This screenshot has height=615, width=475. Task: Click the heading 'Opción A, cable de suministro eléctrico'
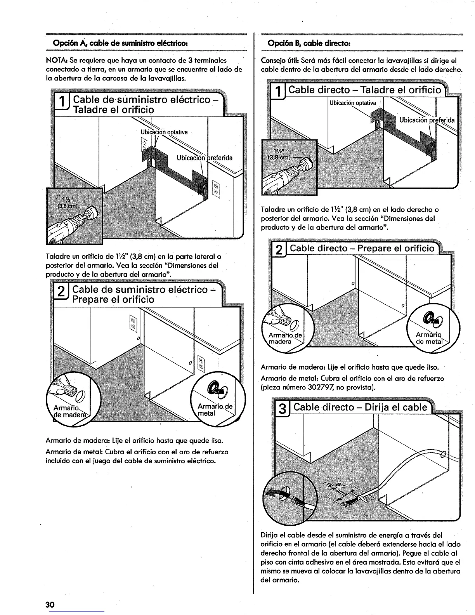pyautogui.click(x=120, y=42)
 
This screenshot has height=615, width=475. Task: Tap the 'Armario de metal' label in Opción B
pyautogui.click(x=428, y=338)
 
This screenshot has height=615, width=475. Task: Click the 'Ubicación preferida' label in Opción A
pyautogui.click(x=205, y=158)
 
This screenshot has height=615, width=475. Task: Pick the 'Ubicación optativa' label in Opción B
pyautogui.click(x=353, y=103)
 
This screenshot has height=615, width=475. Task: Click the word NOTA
pyautogui.click(x=56, y=61)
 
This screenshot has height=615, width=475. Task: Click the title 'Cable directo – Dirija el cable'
pyautogui.click(x=361, y=408)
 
